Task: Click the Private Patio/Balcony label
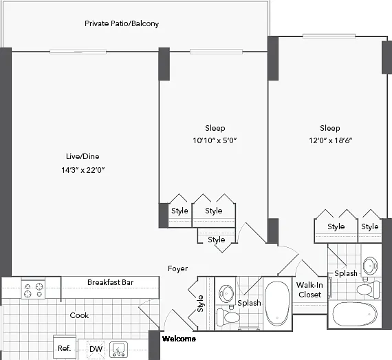[122, 24]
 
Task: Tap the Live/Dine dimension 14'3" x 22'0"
[83, 170]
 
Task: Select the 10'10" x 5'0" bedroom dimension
[215, 140]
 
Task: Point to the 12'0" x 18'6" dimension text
[331, 140]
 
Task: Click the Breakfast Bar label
[110, 282]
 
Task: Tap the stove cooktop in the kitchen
[33, 288]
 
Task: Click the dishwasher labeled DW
[96, 349]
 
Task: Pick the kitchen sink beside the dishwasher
[119, 350]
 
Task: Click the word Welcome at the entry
[179, 339]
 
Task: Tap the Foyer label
[177, 268]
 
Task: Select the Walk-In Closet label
[309, 290]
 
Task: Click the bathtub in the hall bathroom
[277, 304]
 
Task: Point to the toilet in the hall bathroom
[228, 317]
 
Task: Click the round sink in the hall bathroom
[226, 293]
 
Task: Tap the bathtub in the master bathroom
[355, 314]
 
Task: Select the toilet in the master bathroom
[368, 290]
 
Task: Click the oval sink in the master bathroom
[371, 265]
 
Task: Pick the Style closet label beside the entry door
[200, 304]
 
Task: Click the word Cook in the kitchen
[79, 315]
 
